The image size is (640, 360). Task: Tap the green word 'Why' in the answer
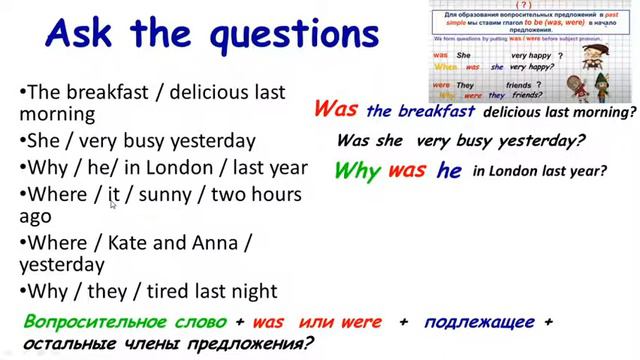coord(357,171)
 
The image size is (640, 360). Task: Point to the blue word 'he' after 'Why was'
coord(449,171)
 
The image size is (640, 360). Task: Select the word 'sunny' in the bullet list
coord(165,193)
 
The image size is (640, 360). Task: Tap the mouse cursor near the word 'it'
coord(113,204)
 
